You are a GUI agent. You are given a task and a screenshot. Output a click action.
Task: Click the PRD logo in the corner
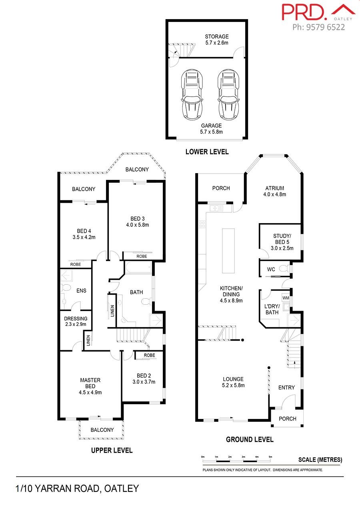(x=318, y=12)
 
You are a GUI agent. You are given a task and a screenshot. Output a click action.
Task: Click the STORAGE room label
(x=216, y=36)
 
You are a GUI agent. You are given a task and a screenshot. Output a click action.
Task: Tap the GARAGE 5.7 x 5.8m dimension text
(x=211, y=132)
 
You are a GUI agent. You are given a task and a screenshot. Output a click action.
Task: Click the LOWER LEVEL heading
(x=207, y=152)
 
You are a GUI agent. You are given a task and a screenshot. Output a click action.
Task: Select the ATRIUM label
(x=274, y=188)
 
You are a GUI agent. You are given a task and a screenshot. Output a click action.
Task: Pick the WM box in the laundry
(x=286, y=297)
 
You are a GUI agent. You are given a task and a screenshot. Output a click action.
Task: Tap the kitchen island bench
(x=228, y=251)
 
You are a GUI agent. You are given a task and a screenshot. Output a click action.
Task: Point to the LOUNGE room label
(x=233, y=379)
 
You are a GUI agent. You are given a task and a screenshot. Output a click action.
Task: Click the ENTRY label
(x=286, y=387)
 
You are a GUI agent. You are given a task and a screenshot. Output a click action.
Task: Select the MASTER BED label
(x=90, y=383)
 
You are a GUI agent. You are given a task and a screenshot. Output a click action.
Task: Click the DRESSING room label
(x=76, y=319)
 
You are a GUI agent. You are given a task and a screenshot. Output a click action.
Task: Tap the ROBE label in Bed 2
(x=149, y=355)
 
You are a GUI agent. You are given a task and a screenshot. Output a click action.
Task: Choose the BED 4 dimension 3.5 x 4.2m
(x=84, y=237)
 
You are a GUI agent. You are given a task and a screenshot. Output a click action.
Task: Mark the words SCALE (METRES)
(x=320, y=460)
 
